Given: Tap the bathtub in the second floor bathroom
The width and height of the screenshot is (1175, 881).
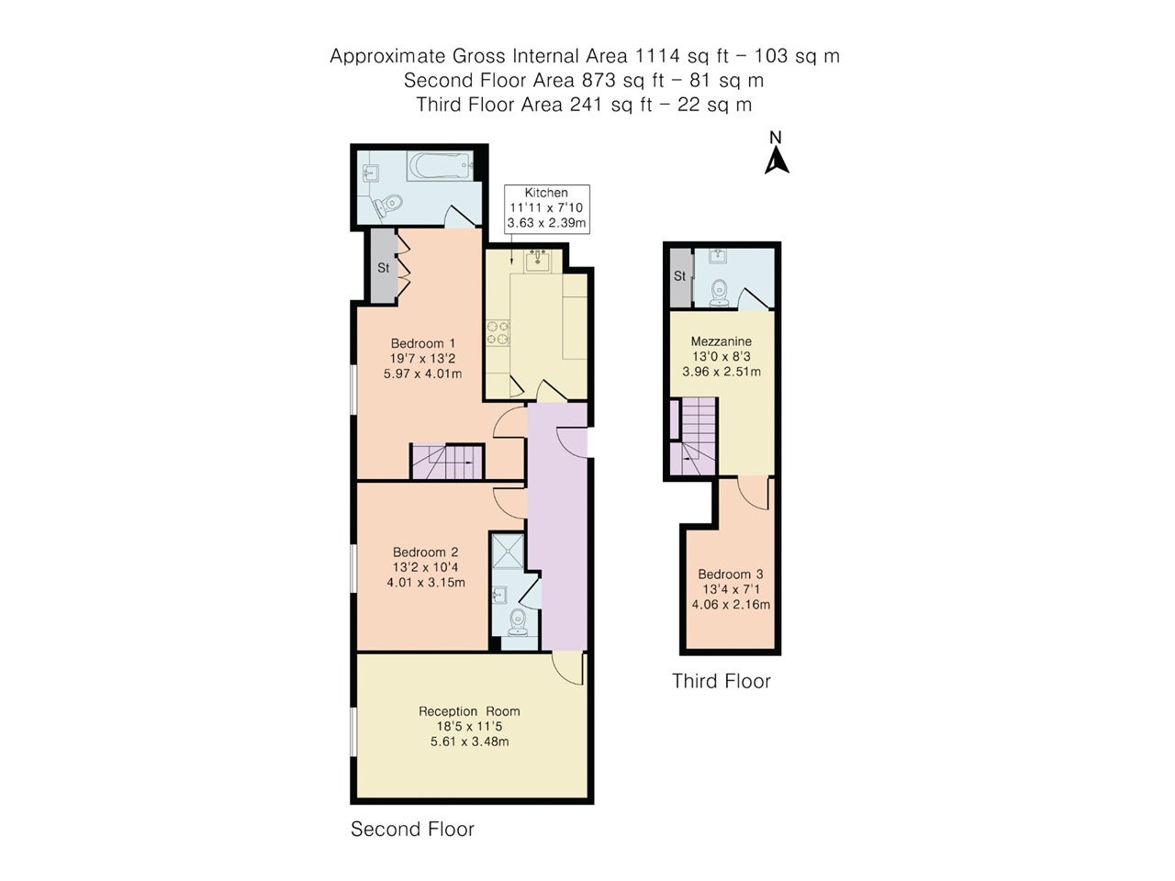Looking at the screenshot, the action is [440, 166].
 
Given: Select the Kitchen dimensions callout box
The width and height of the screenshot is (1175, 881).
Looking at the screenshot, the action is [546, 208].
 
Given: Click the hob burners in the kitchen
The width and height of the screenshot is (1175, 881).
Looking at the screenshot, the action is [498, 332].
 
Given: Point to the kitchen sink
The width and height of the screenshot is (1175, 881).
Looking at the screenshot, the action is [536, 261].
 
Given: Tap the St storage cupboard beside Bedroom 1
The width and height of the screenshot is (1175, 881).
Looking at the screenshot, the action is [384, 266].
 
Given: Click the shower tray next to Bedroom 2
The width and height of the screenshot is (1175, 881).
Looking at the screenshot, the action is [508, 551].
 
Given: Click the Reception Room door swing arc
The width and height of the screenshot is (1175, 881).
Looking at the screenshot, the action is [567, 669].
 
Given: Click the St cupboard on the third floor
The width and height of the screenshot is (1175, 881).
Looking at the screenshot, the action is [680, 277].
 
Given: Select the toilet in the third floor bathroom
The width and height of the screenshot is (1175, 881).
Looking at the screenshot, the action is [719, 293].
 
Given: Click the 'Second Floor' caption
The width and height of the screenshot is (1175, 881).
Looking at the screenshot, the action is [412, 829].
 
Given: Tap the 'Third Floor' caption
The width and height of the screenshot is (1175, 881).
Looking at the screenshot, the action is [721, 680].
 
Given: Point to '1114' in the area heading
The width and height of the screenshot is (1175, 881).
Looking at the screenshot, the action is [657, 55].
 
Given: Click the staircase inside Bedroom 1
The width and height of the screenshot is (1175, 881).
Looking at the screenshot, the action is [447, 461].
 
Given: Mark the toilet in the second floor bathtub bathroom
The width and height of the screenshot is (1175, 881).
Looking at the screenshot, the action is [388, 205].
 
